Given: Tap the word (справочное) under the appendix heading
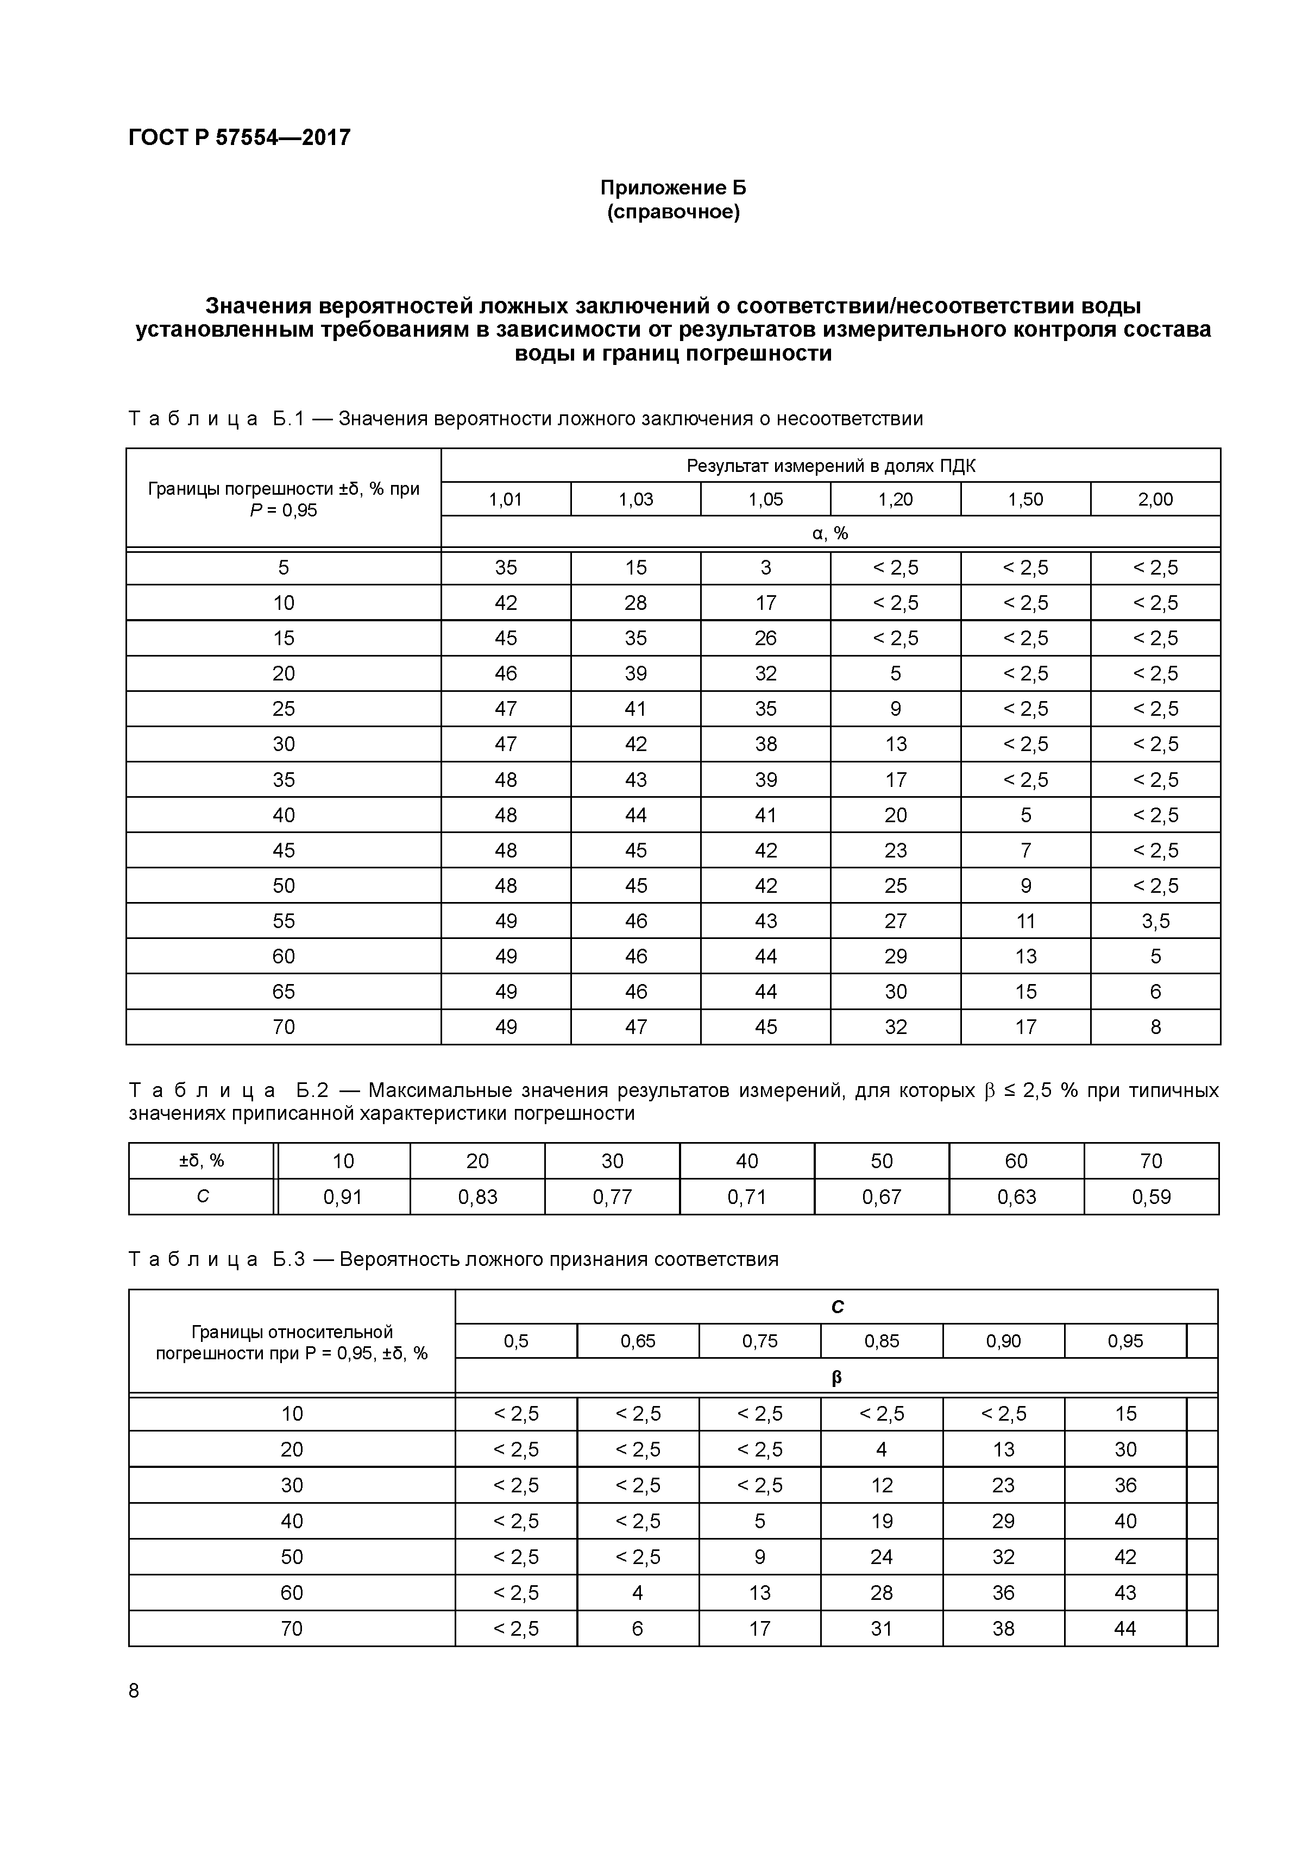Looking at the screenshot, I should point(674,212).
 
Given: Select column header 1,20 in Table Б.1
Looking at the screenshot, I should point(895,499).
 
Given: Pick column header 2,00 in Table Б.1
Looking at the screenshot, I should point(1155,499).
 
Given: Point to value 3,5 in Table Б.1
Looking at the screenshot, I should point(1155,921).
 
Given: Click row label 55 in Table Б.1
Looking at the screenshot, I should point(283,921).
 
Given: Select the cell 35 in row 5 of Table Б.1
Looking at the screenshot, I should point(506,568).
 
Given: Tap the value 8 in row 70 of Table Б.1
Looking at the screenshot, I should point(1155,1027).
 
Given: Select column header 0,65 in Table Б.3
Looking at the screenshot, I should point(638,1341).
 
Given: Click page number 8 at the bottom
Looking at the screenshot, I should point(134,1691).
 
